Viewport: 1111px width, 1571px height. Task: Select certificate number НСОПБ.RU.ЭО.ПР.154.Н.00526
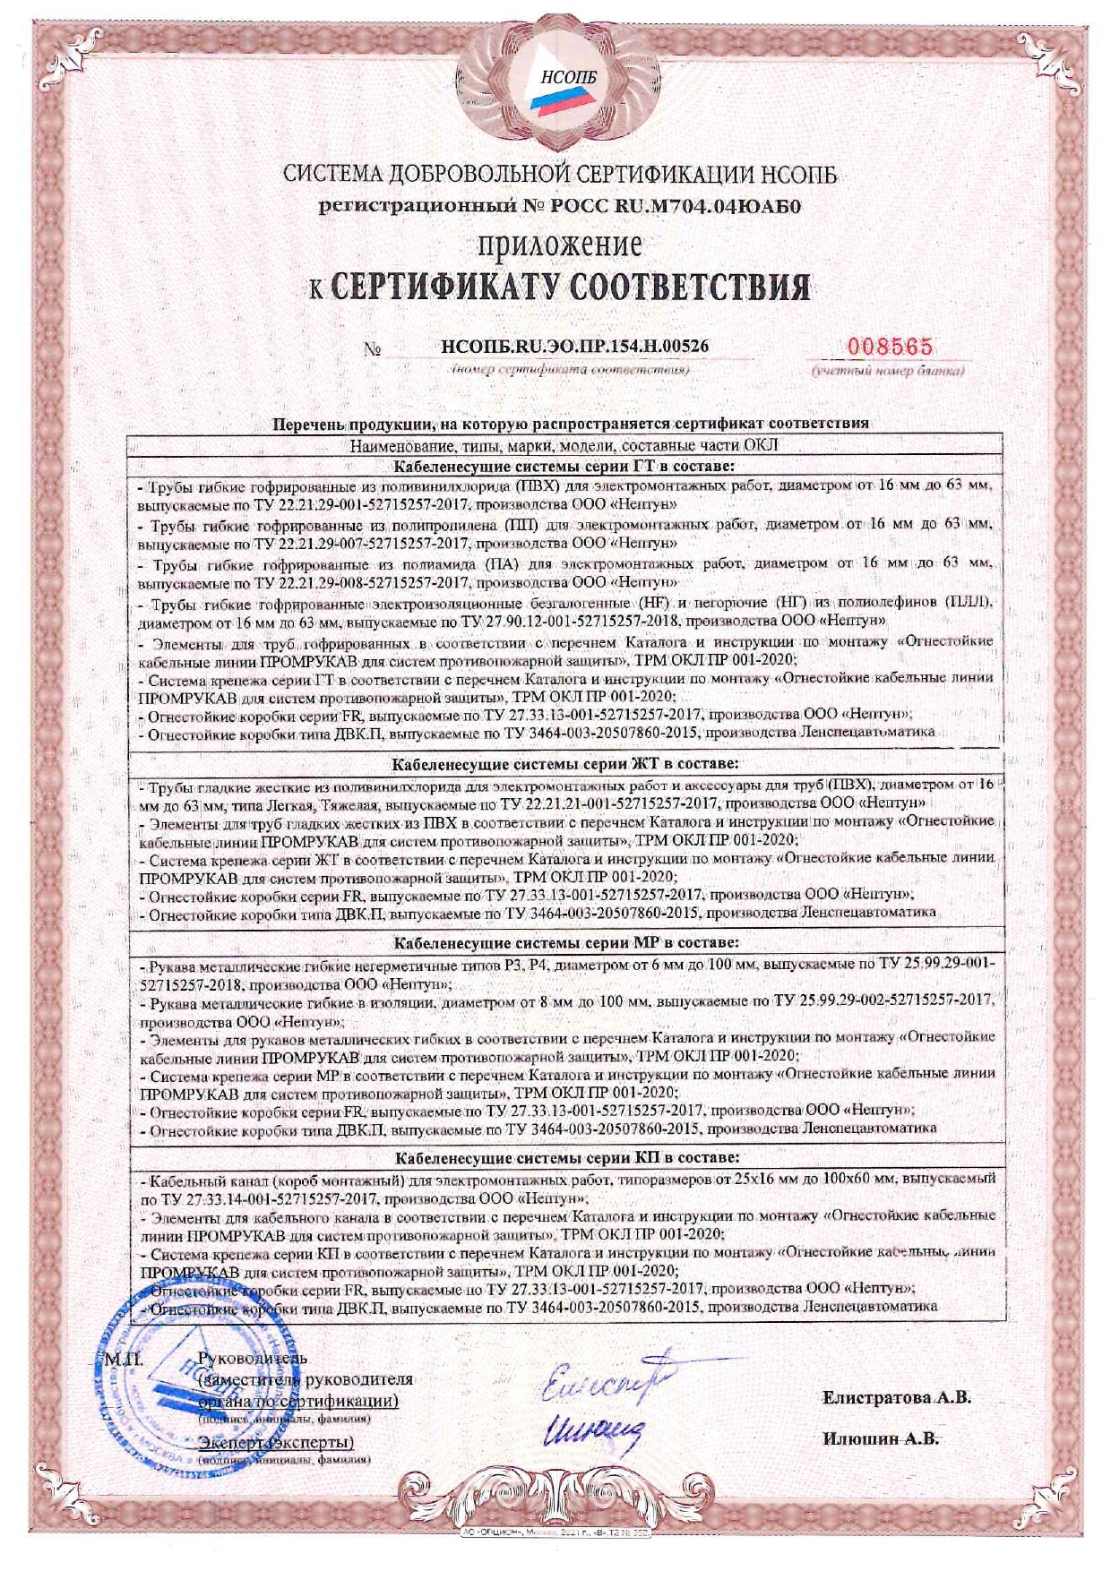coord(581,346)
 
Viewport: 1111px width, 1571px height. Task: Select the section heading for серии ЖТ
coord(566,763)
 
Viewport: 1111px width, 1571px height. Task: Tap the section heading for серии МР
coord(568,942)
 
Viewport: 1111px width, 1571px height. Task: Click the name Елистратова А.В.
coord(897,1397)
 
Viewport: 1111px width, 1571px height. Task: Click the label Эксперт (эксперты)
coord(276,1442)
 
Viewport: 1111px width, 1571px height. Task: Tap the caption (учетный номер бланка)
coord(889,370)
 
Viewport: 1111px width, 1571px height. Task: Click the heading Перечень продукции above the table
coord(571,423)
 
